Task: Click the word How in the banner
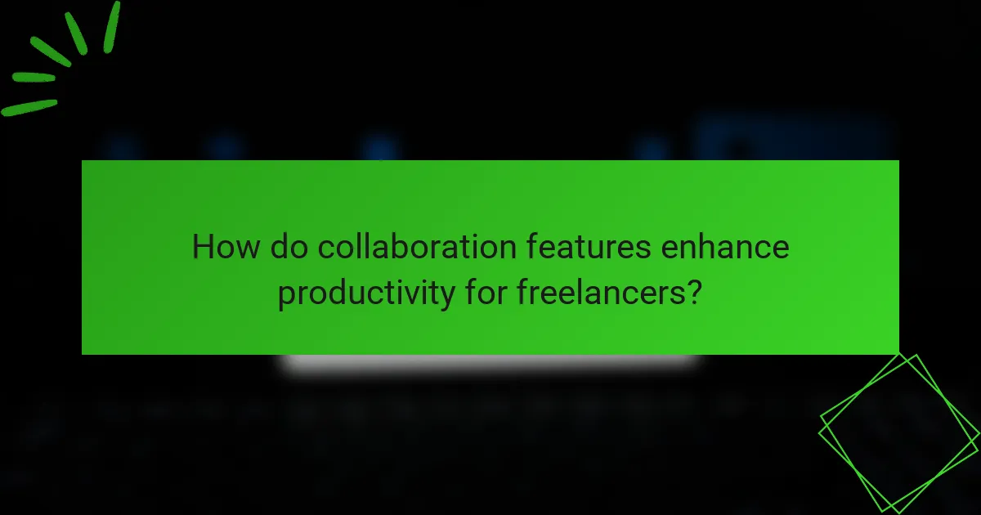[x=220, y=246]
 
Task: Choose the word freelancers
[x=601, y=292]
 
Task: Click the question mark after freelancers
[x=694, y=292]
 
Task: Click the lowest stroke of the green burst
[x=29, y=108]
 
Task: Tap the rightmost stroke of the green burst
[x=111, y=27]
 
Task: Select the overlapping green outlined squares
[x=898, y=433]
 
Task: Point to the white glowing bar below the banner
[x=490, y=363]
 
